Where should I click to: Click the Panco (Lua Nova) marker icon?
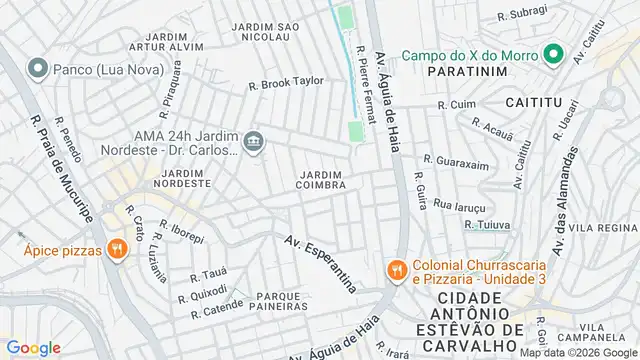click(38, 69)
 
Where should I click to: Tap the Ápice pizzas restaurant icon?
click(117, 249)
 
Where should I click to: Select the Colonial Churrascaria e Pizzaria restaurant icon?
click(397, 270)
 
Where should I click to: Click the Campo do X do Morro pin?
click(550, 54)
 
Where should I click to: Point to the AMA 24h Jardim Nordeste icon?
click(254, 141)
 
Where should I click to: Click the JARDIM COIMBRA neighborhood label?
click(322, 179)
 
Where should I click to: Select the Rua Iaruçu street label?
click(458, 204)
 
